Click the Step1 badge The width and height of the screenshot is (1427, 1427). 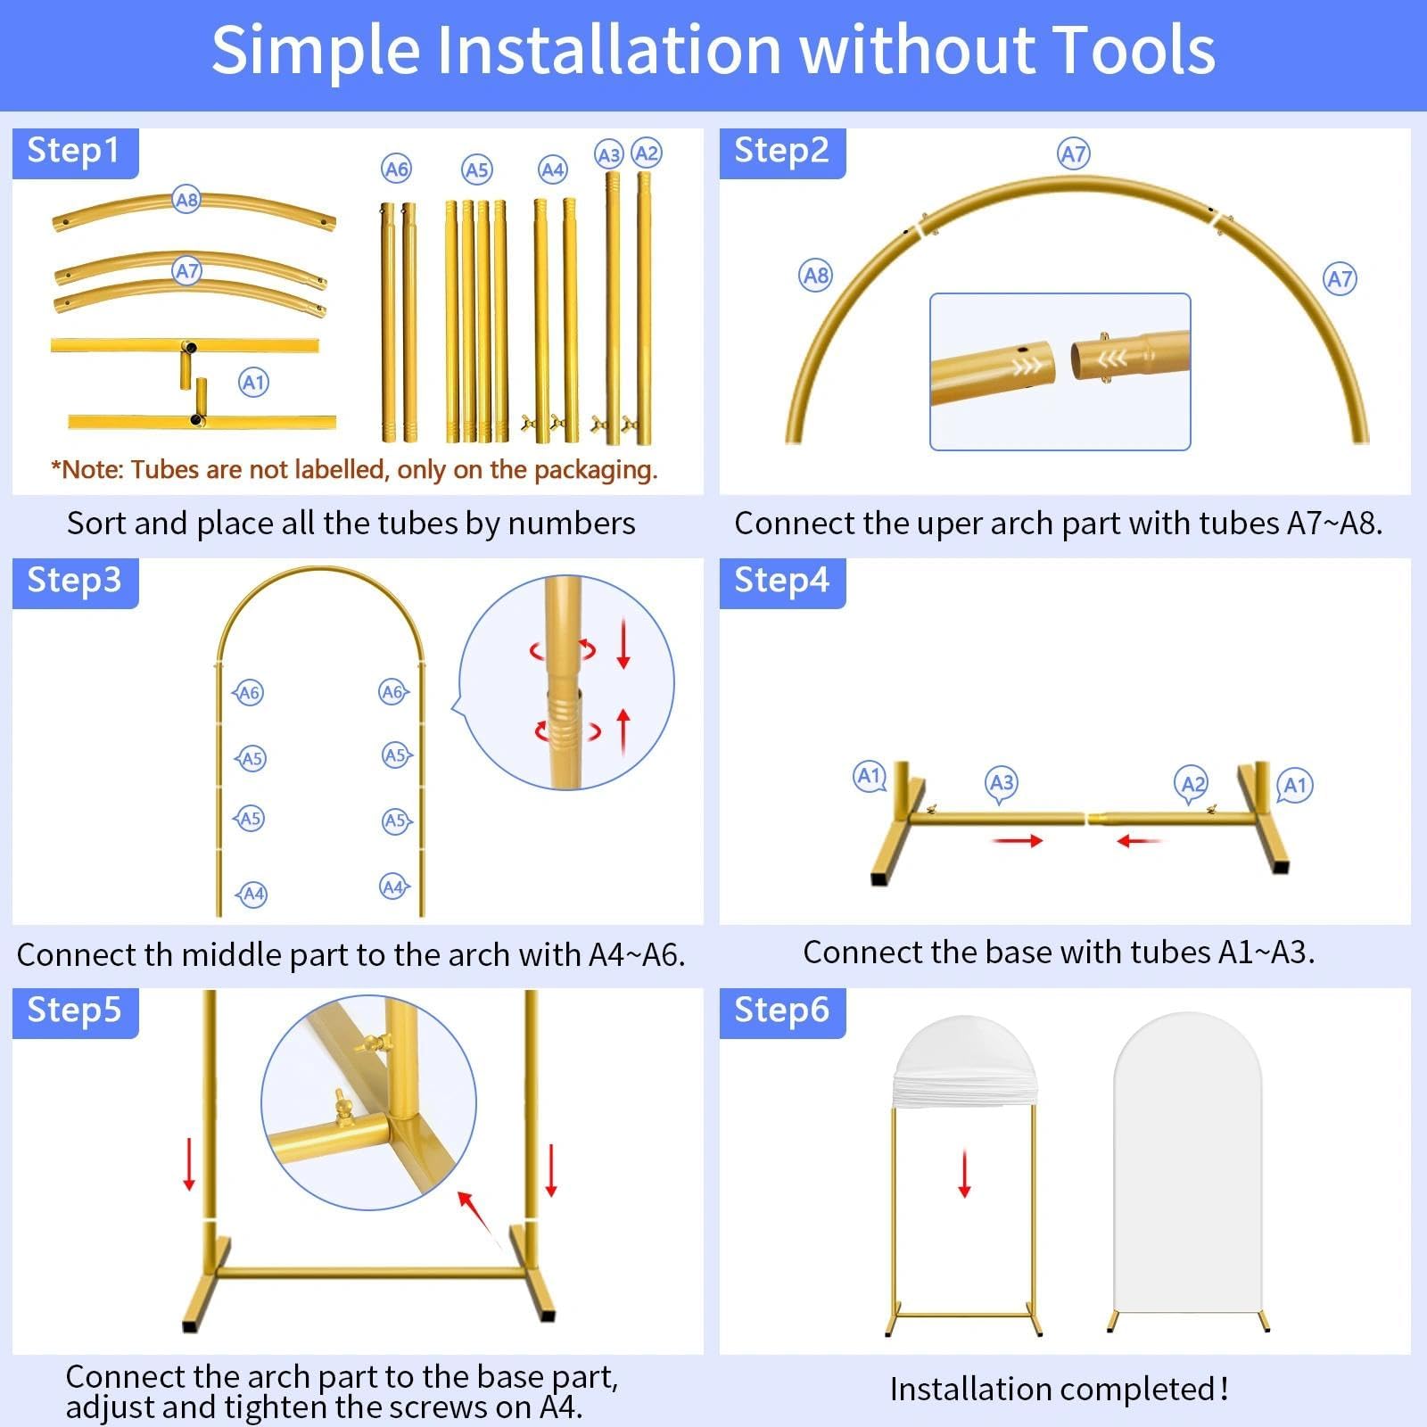pyautogui.click(x=75, y=153)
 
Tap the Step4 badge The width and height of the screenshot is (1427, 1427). pyautogui.click(x=782, y=582)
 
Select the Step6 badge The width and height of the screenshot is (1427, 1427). pyautogui.click(x=782, y=1012)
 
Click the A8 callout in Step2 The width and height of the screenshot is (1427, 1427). pyautogui.click(x=815, y=275)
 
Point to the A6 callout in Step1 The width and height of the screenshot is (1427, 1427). pyautogui.click(x=396, y=169)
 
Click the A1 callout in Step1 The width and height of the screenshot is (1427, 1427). pyautogui.click(x=254, y=383)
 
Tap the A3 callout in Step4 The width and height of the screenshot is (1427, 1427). pyautogui.click(x=1002, y=783)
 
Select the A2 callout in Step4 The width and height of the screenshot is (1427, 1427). pyautogui.click(x=1193, y=785)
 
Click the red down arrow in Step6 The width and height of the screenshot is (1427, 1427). pyautogui.click(x=964, y=1174)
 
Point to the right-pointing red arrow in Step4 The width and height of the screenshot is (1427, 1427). pyautogui.click(x=1018, y=840)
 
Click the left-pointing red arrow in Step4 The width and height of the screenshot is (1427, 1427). pyautogui.click(x=1139, y=840)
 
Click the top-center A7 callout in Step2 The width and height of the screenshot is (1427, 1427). pyautogui.click(x=1074, y=153)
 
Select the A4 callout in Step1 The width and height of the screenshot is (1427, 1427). pyautogui.click(x=553, y=169)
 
